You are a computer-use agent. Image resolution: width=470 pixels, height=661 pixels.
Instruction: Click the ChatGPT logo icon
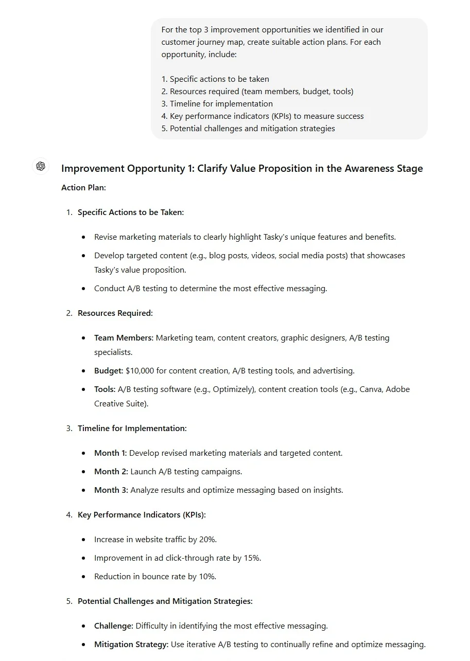click(x=41, y=166)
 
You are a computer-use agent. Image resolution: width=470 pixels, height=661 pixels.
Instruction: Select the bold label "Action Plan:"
click(x=83, y=188)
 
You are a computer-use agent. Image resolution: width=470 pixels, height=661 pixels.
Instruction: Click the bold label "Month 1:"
click(x=110, y=453)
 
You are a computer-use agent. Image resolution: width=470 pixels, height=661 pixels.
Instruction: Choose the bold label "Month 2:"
click(x=111, y=472)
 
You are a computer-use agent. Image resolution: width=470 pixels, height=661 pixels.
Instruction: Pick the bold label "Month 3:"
click(x=111, y=490)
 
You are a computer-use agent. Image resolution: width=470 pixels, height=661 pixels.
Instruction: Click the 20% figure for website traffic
click(x=207, y=540)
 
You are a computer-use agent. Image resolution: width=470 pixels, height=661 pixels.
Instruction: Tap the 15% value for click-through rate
click(x=252, y=558)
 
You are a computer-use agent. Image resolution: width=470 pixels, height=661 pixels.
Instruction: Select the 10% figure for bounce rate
click(x=207, y=577)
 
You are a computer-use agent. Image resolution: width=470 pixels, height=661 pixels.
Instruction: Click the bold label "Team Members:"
click(x=124, y=338)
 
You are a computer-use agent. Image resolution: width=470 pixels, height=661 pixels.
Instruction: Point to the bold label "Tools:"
click(x=105, y=389)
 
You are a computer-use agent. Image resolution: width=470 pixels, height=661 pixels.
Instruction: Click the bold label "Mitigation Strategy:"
click(x=131, y=645)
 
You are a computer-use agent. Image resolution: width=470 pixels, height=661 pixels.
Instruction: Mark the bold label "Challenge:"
click(x=113, y=626)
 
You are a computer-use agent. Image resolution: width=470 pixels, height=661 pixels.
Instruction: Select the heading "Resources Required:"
click(x=115, y=313)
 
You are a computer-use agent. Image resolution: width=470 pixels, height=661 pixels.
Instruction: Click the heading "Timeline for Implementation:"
click(x=132, y=428)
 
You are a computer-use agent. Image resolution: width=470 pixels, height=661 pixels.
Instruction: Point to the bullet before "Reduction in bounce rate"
click(x=84, y=577)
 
